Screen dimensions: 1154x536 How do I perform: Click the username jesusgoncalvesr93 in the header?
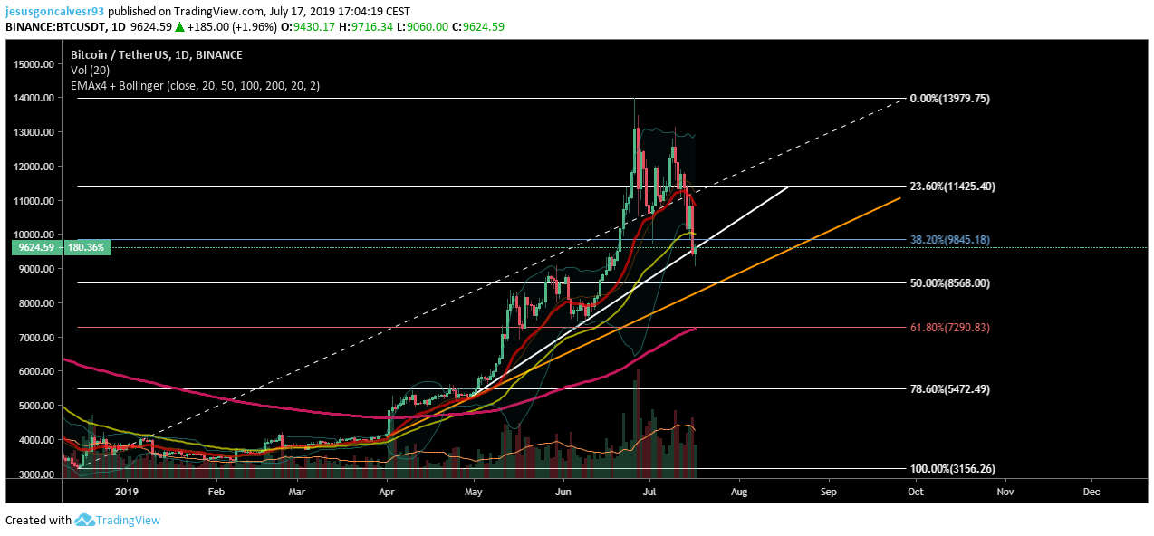pos(54,11)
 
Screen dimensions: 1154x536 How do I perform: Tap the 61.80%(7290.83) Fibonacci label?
pos(949,328)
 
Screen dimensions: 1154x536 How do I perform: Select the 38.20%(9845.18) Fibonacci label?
pos(949,239)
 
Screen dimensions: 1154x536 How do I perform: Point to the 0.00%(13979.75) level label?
pos(949,99)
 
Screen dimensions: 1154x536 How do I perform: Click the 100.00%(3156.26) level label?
pos(953,469)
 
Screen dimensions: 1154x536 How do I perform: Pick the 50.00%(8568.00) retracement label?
pos(949,283)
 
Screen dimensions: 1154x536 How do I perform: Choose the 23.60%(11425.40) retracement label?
pos(953,187)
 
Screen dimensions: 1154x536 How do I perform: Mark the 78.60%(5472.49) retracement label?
pos(949,389)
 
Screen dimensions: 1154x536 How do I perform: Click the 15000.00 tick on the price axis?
pos(34,64)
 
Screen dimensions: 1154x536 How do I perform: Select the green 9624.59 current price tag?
pos(36,248)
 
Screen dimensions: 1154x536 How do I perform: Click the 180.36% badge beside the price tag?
pos(86,248)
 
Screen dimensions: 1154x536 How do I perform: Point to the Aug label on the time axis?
pos(739,492)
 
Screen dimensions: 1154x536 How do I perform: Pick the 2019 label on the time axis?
pos(127,492)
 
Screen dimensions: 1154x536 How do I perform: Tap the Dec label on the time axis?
pos(1091,492)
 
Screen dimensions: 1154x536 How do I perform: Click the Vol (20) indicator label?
pos(91,70)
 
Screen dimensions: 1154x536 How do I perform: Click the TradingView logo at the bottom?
pos(118,520)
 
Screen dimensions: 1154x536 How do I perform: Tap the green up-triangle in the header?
pos(179,27)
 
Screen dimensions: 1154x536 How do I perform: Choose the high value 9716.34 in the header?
pos(373,27)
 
